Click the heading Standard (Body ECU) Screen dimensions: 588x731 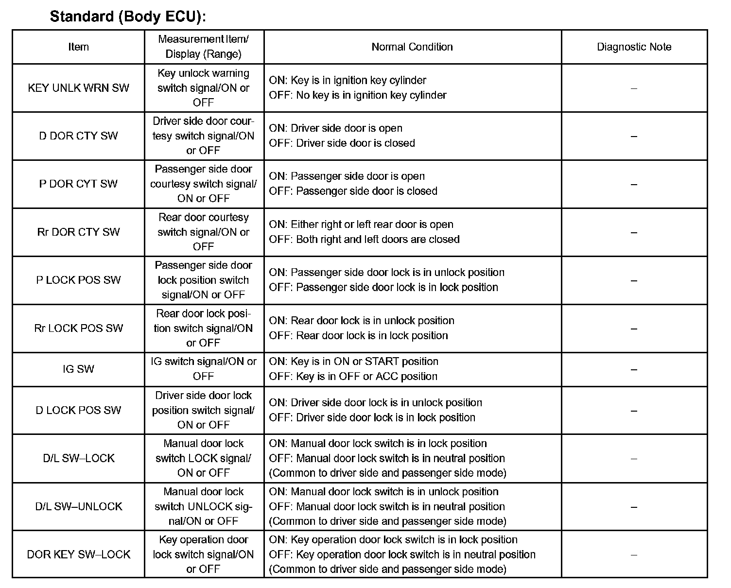click(x=128, y=16)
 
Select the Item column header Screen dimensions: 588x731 click(x=78, y=47)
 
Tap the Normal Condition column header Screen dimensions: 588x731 click(x=412, y=47)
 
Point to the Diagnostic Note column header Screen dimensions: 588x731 click(x=634, y=47)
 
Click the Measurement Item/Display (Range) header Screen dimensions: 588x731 click(x=204, y=47)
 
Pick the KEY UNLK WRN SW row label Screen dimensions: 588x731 click(x=78, y=88)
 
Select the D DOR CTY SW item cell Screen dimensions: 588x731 click(x=78, y=136)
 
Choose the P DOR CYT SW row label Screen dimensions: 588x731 click(x=78, y=184)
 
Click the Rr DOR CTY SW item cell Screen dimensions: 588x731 click(x=78, y=232)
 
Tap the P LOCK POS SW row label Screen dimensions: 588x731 click(x=78, y=280)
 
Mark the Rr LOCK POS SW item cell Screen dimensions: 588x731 click(x=78, y=329)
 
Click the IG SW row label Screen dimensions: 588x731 click(x=78, y=369)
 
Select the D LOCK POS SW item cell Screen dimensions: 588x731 click(x=78, y=411)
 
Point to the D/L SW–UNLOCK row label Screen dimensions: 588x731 click(x=78, y=507)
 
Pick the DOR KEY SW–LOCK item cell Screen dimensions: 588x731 click(x=78, y=554)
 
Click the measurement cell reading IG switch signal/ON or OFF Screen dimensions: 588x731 click(x=204, y=369)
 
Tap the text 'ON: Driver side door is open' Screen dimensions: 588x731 click(x=336, y=128)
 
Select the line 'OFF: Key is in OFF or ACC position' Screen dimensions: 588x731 click(x=353, y=377)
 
